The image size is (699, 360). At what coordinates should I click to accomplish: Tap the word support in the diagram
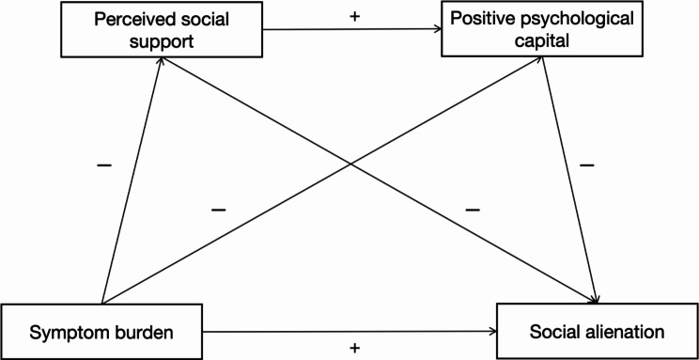(x=162, y=42)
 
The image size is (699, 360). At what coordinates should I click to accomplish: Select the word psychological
(x=582, y=20)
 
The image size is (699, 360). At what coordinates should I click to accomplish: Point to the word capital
(x=542, y=41)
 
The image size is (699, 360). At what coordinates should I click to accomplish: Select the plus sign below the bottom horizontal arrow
(x=355, y=348)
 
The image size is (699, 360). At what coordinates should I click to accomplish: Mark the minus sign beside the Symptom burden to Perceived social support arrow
(x=104, y=166)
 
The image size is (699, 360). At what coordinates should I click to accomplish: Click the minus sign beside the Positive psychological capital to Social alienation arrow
(x=586, y=165)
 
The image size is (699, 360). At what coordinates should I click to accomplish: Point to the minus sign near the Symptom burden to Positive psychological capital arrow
(x=218, y=210)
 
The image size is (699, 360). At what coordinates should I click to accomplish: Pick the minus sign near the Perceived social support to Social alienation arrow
(x=473, y=210)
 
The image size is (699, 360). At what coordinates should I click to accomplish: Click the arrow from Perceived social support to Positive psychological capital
(x=352, y=29)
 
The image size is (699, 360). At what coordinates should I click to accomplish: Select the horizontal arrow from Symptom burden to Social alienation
(x=349, y=332)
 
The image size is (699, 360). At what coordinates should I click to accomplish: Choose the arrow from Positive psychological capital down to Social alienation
(x=568, y=180)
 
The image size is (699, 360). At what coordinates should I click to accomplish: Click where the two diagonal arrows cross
(x=351, y=164)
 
